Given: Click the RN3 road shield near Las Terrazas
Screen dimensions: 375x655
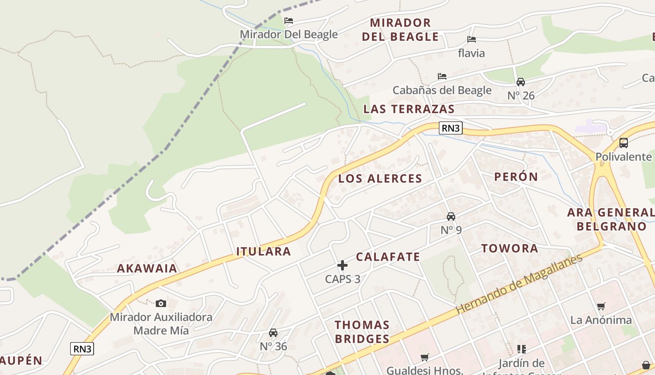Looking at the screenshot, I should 451,128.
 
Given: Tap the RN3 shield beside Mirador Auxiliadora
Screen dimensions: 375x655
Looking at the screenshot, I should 82,349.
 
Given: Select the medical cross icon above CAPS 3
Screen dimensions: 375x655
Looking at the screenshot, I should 342,265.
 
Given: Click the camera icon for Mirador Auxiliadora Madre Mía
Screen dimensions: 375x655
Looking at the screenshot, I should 161,303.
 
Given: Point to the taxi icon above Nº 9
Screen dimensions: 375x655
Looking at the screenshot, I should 451,216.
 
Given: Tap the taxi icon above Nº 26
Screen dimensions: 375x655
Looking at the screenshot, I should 521,82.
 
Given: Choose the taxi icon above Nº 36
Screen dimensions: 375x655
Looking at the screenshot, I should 273,333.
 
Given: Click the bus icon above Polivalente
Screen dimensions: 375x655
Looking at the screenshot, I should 623,143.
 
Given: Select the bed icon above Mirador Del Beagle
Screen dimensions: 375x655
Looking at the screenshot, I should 289,21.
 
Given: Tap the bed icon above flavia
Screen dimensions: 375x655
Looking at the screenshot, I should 472,39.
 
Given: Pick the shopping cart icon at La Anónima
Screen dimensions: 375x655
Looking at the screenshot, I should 601,306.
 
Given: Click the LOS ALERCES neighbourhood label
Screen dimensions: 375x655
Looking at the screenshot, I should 380,179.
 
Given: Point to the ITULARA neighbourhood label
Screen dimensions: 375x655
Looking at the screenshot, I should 264,252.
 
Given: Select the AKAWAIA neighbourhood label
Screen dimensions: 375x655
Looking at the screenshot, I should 147,269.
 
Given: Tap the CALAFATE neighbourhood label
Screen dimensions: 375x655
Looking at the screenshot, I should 388,257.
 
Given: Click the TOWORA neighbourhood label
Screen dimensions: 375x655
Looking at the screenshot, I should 510,248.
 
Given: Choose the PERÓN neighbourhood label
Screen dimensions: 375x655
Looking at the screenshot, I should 516,177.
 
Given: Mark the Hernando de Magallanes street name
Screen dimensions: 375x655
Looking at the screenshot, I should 519,284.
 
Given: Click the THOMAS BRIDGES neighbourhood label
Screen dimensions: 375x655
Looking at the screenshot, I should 362,332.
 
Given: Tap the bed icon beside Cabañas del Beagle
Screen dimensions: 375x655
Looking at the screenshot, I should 442,76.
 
